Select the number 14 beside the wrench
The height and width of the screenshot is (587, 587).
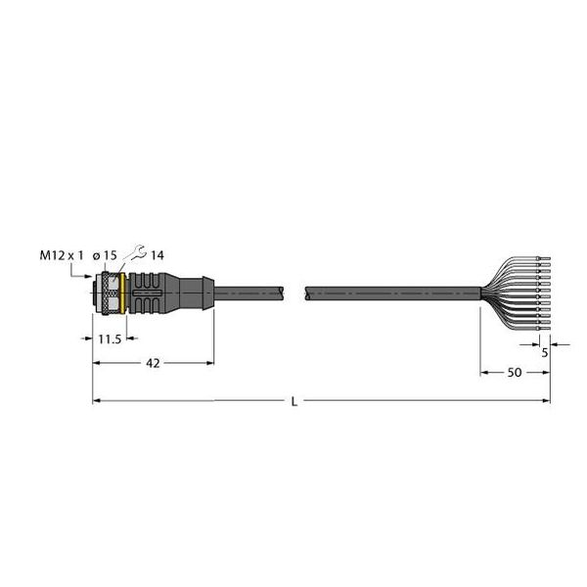pyautogui.click(x=157, y=255)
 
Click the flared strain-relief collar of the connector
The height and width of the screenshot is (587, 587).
pyautogui.click(x=203, y=291)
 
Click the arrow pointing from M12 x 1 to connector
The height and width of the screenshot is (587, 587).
pyautogui.click(x=83, y=279)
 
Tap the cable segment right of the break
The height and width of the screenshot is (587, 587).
pyautogui.click(x=391, y=292)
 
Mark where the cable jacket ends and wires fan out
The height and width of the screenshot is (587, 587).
pyautogui.click(x=480, y=292)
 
